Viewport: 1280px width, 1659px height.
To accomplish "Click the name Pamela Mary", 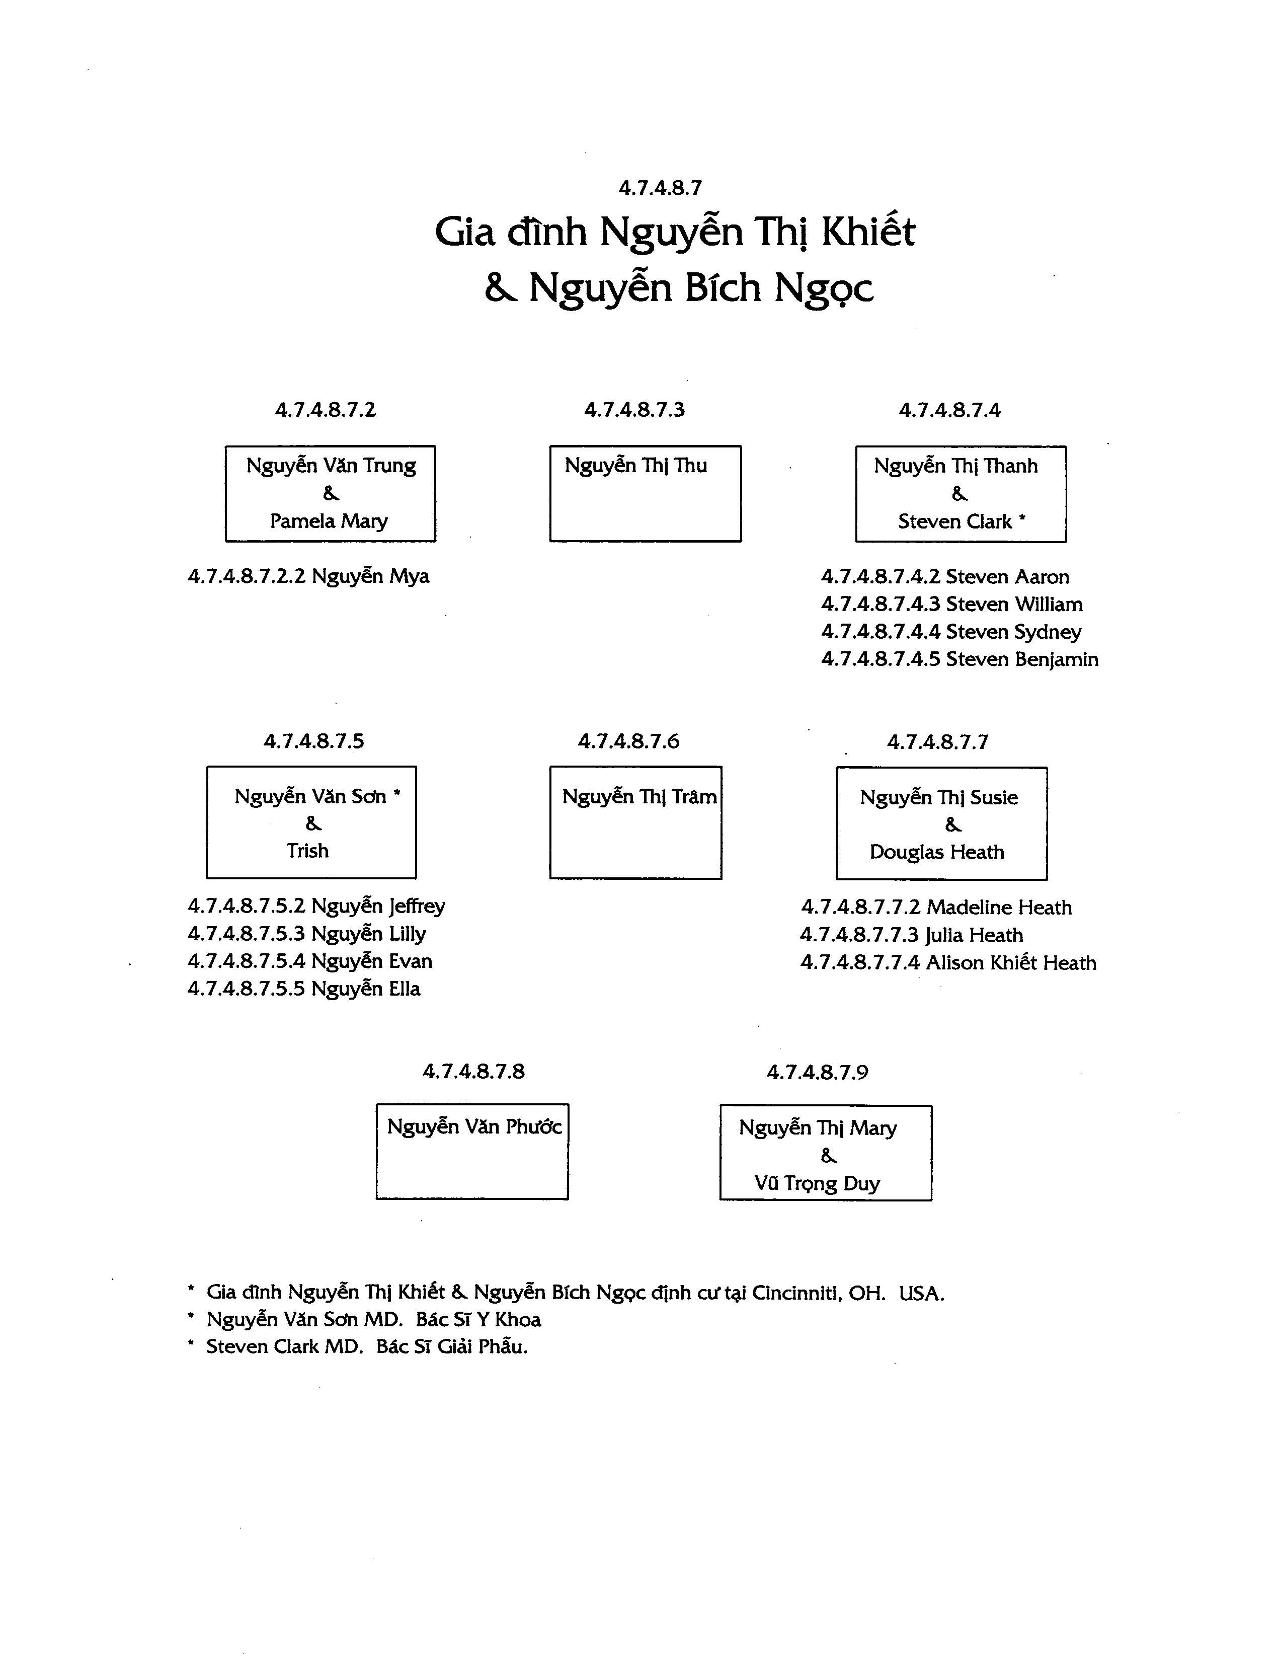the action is [329, 521].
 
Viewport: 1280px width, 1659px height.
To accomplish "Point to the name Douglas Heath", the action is [937, 852].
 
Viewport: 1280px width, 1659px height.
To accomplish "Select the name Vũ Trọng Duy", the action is [817, 1183].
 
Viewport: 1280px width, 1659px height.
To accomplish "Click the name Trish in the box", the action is [307, 851].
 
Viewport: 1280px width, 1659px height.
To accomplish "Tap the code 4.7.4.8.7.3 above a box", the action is [634, 410].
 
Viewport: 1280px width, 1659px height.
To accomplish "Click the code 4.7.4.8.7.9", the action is [817, 1073].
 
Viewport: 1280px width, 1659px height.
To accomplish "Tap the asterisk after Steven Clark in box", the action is [1022, 519].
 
